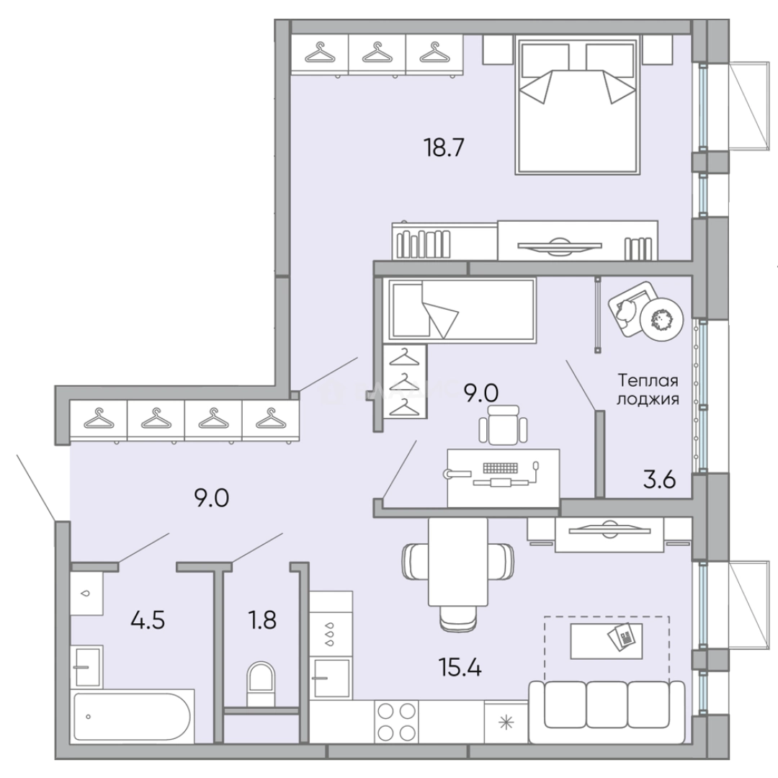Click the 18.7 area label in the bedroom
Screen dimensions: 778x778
click(x=444, y=148)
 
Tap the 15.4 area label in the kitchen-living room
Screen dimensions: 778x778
click(x=460, y=668)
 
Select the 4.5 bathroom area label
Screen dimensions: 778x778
click(x=148, y=620)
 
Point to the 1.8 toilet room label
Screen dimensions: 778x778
click(x=262, y=620)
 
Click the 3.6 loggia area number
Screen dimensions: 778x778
click(x=659, y=480)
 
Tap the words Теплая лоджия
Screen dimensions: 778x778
click(x=648, y=390)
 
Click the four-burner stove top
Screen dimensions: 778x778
click(x=396, y=722)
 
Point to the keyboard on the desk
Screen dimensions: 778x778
click(x=500, y=468)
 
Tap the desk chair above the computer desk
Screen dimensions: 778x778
click(x=503, y=424)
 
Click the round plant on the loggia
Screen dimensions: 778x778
click(x=661, y=319)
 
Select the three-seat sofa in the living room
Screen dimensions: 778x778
click(x=607, y=712)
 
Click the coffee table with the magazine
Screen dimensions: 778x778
click(x=607, y=641)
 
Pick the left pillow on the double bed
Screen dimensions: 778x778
click(x=545, y=61)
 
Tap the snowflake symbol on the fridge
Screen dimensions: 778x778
click(x=506, y=723)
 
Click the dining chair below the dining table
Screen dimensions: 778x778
click(x=458, y=619)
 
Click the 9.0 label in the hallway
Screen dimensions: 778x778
click(x=211, y=498)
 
